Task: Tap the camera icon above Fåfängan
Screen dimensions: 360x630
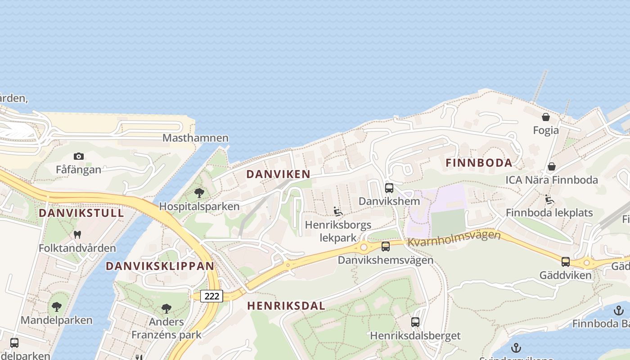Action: tap(79, 156)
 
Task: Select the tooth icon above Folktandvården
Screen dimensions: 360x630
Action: tap(77, 234)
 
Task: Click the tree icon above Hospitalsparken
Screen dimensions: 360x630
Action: tap(199, 193)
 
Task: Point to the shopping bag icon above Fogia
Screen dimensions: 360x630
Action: tap(546, 117)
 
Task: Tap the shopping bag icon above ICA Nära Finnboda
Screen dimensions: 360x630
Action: tap(552, 166)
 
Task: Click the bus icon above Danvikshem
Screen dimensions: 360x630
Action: tap(389, 188)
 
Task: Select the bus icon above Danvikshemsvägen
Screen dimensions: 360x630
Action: tap(386, 246)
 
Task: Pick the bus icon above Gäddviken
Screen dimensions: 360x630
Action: tap(566, 261)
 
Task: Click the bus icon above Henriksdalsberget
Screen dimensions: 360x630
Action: tap(415, 322)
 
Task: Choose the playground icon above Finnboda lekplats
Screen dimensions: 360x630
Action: tap(549, 199)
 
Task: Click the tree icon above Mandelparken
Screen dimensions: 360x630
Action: tap(57, 307)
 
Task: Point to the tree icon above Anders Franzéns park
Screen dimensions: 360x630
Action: tap(166, 308)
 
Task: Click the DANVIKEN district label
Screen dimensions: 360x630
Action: tap(279, 174)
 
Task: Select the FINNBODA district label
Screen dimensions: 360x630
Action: tap(479, 163)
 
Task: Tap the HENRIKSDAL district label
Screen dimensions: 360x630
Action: tap(286, 306)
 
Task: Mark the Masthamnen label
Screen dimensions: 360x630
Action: tap(195, 138)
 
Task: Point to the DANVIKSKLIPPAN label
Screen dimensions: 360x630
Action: tap(160, 266)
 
